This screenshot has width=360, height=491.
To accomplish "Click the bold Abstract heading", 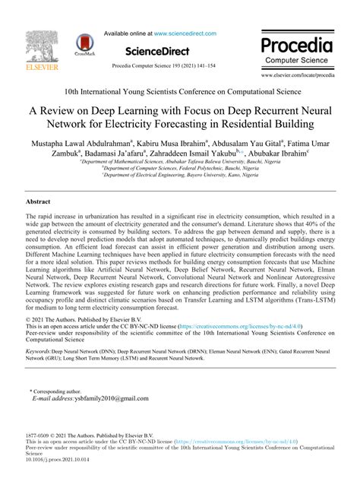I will (x=38, y=202).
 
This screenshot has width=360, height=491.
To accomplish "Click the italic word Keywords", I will (x=41, y=353).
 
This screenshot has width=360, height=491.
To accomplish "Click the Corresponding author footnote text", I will (x=62, y=390).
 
